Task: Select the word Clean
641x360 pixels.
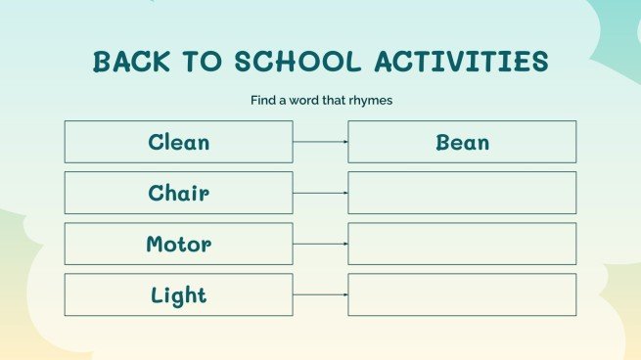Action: [x=178, y=142]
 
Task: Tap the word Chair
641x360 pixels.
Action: [x=178, y=193]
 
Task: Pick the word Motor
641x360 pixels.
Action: [x=178, y=244]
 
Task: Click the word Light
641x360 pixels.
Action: [x=178, y=294]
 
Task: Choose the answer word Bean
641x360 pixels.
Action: [x=462, y=142]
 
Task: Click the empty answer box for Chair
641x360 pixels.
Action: [x=462, y=193]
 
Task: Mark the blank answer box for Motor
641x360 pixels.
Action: [x=462, y=244]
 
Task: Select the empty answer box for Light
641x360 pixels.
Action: [x=462, y=294]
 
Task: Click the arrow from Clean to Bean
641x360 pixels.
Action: [x=320, y=142]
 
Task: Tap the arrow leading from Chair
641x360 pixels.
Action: [x=320, y=193]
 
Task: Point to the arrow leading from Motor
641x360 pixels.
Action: [x=320, y=244]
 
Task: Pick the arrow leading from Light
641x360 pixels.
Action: [x=320, y=294]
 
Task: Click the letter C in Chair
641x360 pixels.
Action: [x=156, y=193]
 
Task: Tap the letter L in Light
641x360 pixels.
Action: [x=158, y=294]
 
